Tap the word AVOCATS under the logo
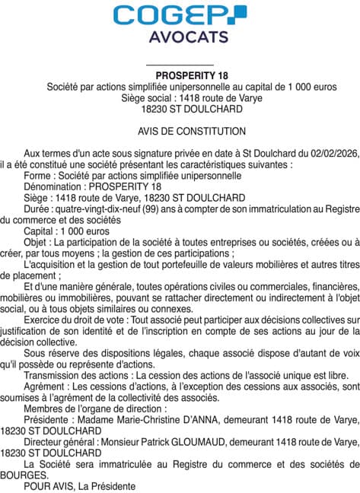(x=180, y=37)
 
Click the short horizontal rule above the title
(x=179, y=63)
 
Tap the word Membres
(x=45, y=408)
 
